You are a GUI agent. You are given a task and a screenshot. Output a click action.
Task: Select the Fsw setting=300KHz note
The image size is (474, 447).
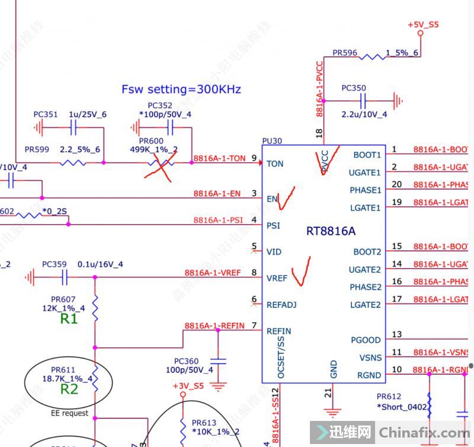181,90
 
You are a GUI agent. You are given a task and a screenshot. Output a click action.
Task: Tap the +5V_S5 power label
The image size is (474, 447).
423,24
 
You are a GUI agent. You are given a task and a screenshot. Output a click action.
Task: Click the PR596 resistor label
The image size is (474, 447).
345,53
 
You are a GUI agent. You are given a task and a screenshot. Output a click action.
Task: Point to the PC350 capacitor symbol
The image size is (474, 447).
364,101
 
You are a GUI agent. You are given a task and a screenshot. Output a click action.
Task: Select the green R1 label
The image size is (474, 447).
69,319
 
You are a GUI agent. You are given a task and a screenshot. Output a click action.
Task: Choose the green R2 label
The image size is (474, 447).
69,389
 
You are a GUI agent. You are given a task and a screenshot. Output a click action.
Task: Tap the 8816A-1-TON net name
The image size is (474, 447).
219,158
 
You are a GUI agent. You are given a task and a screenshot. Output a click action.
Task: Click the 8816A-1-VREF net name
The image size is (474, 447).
213,273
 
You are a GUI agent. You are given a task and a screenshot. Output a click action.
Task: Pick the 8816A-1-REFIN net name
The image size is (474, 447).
214,326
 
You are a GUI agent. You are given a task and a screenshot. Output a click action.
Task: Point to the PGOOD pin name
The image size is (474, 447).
366,340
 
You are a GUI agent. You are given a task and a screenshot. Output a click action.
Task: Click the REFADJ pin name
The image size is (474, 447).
281,305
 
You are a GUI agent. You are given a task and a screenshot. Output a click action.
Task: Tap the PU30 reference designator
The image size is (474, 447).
272,142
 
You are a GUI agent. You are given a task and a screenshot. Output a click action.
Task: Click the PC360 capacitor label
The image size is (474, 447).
186,361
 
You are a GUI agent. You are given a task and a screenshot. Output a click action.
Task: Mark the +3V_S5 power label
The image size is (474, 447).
188,386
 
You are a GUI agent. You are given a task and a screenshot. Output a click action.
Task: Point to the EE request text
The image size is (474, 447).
69,413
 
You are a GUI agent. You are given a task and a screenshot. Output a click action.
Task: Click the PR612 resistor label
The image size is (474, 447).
389,397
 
